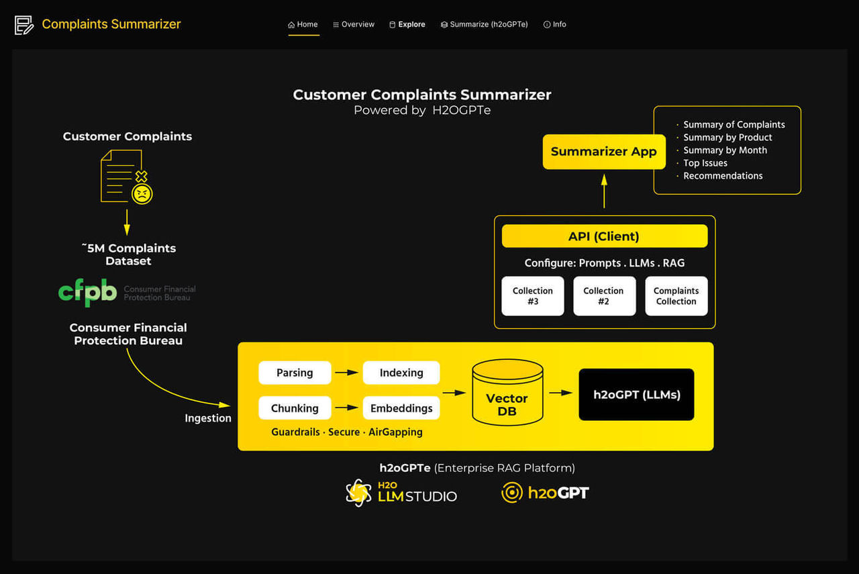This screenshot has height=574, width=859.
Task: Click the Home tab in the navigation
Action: (303, 24)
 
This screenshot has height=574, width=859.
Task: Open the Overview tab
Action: (354, 24)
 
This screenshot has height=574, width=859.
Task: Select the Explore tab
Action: (407, 24)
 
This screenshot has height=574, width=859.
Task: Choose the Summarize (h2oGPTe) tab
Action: (484, 24)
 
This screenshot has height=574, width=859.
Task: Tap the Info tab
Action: (555, 24)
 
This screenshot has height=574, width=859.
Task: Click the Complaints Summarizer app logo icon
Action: (24, 25)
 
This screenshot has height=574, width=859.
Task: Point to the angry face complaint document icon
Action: (126, 177)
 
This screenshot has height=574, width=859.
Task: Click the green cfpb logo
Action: (87, 292)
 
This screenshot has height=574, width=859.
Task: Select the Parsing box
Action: (295, 373)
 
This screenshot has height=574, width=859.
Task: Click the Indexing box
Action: (401, 373)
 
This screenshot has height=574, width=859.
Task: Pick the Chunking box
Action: (295, 408)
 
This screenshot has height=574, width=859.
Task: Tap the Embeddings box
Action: (401, 408)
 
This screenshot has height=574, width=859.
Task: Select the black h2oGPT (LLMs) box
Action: (636, 395)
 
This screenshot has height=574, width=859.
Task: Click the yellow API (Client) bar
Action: (604, 236)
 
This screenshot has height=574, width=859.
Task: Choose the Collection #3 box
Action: (533, 296)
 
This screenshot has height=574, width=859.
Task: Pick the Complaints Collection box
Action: (676, 296)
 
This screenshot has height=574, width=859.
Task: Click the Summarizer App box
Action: (603, 152)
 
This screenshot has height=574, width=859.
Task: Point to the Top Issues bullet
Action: (705, 163)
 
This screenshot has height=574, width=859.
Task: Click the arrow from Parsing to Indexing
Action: (347, 373)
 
